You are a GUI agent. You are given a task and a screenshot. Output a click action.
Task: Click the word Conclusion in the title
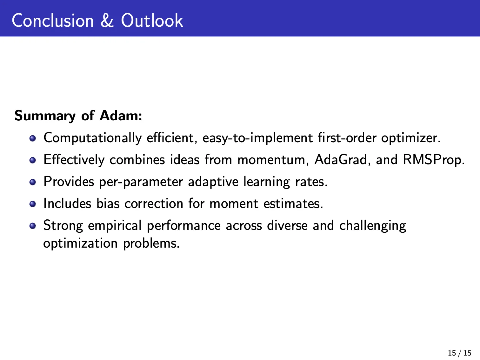pyautogui.click(x=53, y=20)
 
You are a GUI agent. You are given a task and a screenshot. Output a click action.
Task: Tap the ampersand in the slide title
pyautogui.click(x=107, y=20)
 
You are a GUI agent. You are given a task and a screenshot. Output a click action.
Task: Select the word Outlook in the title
pyautogui.click(x=152, y=20)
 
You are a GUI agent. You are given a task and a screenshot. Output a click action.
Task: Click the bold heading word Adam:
pyautogui.click(x=121, y=115)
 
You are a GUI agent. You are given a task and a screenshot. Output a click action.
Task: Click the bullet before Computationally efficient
pyautogui.click(x=33, y=138)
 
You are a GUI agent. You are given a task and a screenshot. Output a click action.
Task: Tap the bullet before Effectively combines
pyautogui.click(x=33, y=160)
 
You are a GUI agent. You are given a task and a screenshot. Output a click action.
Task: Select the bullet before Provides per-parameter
pyautogui.click(x=33, y=182)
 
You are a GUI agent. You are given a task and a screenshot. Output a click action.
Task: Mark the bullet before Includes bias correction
pyautogui.click(x=33, y=204)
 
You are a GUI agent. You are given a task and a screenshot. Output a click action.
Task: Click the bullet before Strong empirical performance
pyautogui.click(x=33, y=226)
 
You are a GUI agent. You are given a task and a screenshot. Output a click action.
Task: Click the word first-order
pyautogui.click(x=347, y=138)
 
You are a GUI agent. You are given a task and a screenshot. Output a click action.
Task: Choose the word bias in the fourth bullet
pyautogui.click(x=108, y=203)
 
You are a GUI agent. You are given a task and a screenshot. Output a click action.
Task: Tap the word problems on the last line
pyautogui.click(x=151, y=243)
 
